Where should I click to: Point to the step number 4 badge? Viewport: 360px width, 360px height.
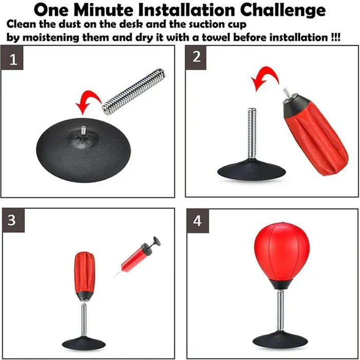coord(197,220)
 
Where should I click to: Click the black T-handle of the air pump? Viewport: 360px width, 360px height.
coord(154,241)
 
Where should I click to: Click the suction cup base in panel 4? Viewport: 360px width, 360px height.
coord(280,339)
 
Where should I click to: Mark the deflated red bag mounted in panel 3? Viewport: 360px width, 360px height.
coord(84,275)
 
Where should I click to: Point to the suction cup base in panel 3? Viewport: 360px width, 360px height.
coord(84,341)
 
